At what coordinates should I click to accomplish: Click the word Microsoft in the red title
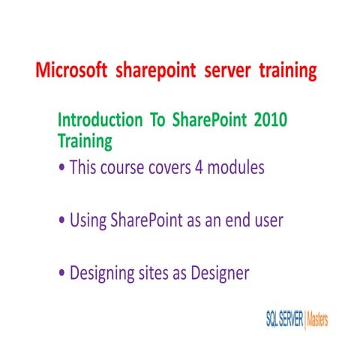(x=72, y=71)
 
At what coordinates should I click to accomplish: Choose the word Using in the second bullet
(x=88, y=221)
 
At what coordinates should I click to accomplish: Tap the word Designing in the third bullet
(x=102, y=274)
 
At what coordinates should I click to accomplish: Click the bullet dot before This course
(x=61, y=169)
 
